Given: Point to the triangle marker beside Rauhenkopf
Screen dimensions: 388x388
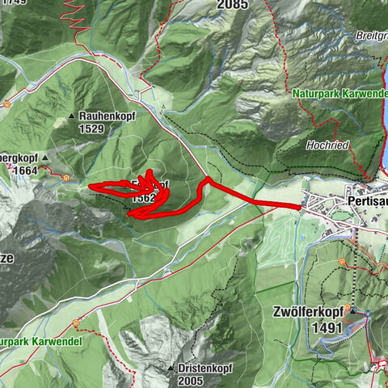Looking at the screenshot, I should [x=81, y=116].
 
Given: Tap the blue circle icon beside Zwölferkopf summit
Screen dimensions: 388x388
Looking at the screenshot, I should [x=366, y=313].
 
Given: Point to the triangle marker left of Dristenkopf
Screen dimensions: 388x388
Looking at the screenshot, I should [x=171, y=369].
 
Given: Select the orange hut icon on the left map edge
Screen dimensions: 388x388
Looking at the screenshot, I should [x=6, y=103].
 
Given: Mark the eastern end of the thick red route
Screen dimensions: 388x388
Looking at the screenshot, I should [x=300, y=208].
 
